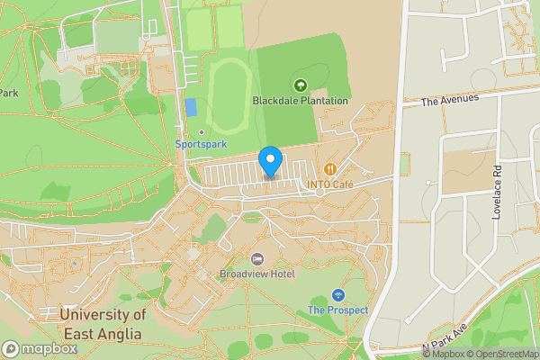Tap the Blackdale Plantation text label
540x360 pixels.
pyautogui.click(x=300, y=101)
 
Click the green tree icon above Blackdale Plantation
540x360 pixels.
pyautogui.click(x=300, y=85)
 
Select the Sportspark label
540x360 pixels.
pyautogui.click(x=201, y=144)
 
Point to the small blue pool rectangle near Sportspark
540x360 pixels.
pyautogui.click(x=191, y=107)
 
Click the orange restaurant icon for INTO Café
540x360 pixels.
pyautogui.click(x=330, y=168)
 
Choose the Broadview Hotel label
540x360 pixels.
pyautogui.click(x=256, y=274)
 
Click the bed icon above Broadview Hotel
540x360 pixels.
pyautogui.click(x=256, y=259)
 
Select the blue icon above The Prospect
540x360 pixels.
pyautogui.click(x=337, y=294)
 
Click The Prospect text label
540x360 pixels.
pyautogui.click(x=337, y=310)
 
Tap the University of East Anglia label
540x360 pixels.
pyautogui.click(x=101, y=324)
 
